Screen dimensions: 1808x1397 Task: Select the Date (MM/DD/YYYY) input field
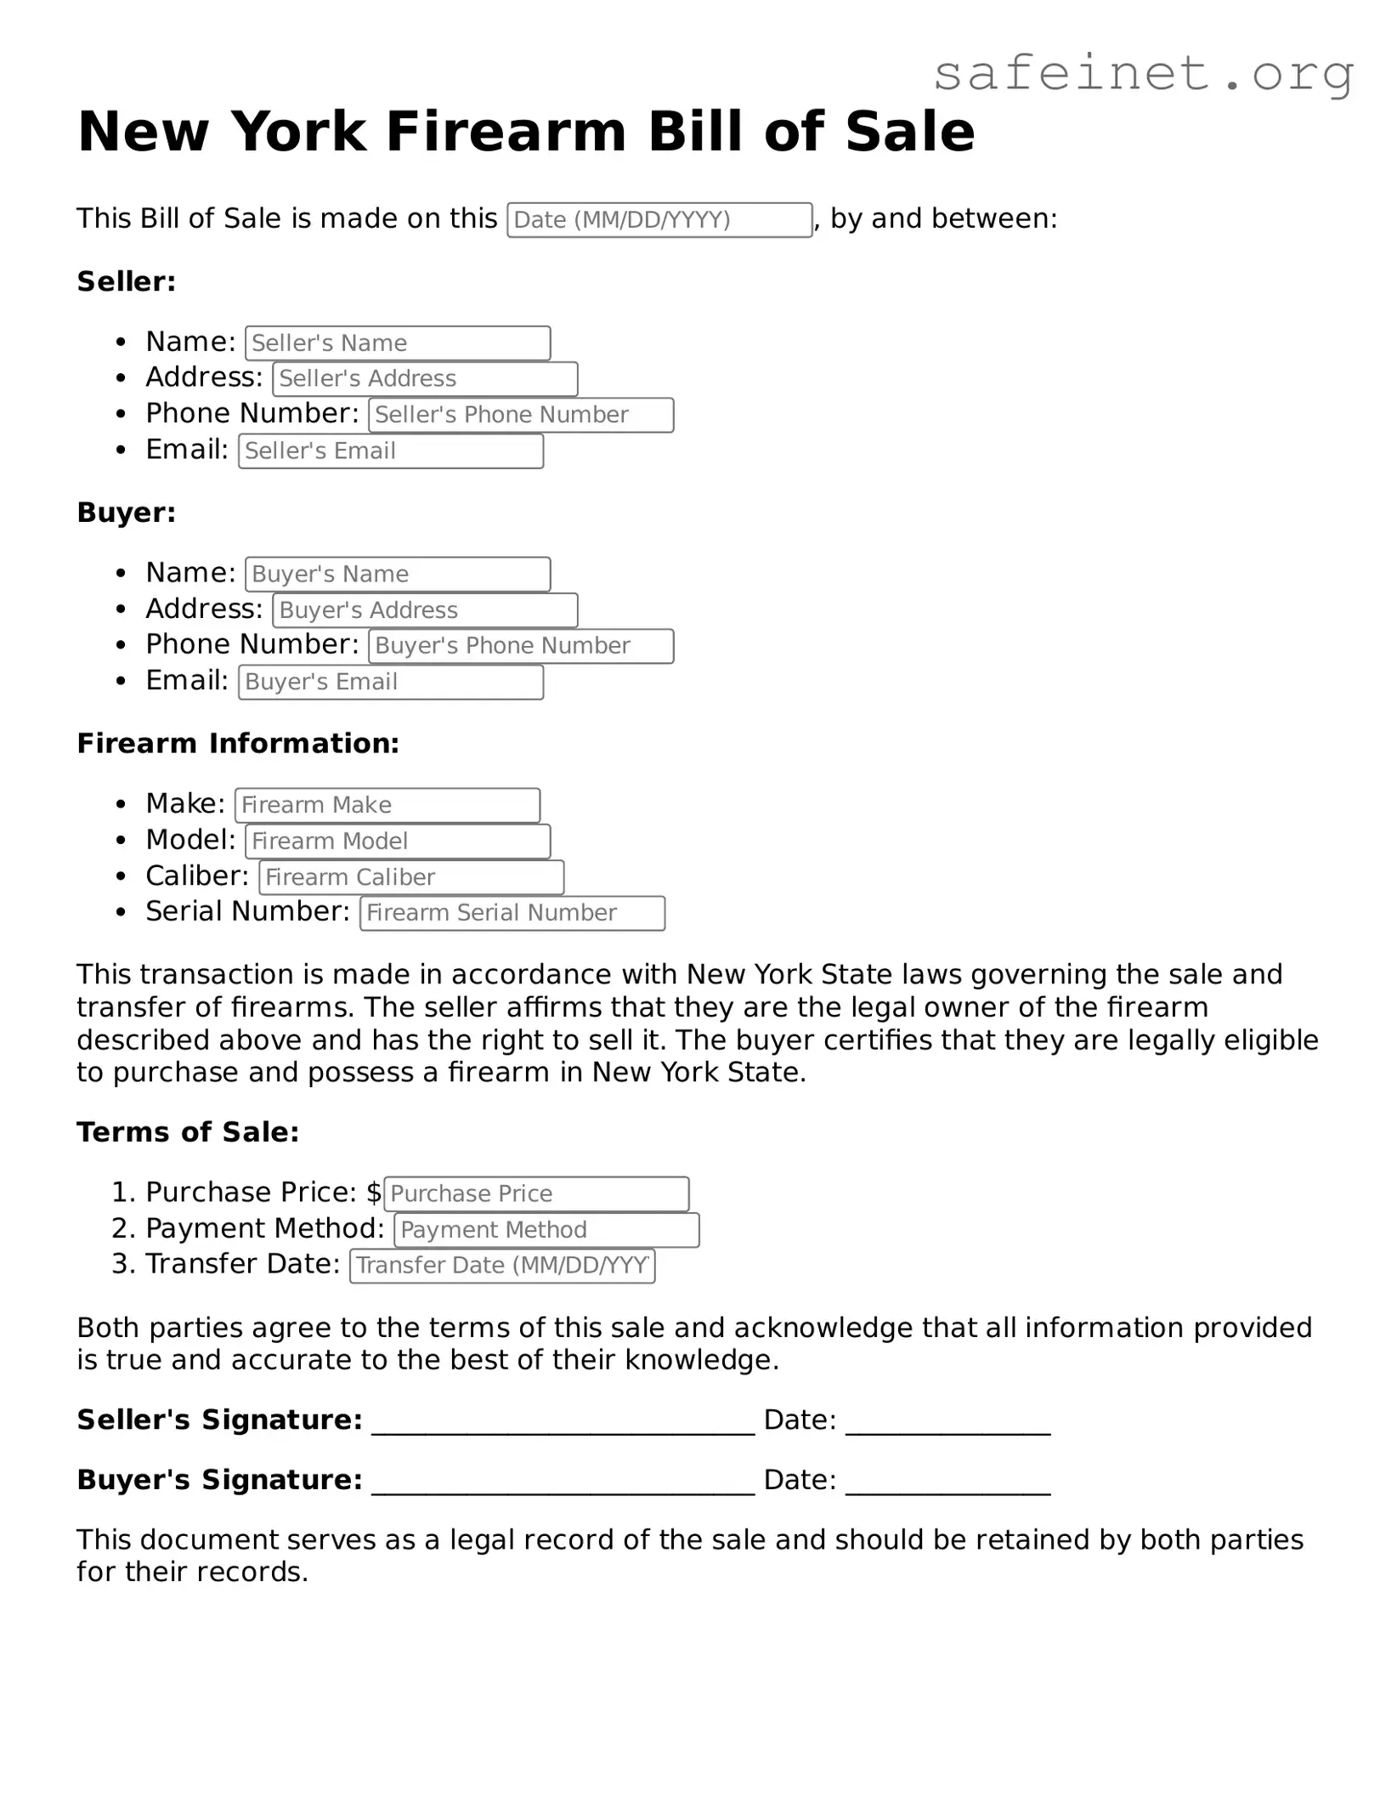point(659,220)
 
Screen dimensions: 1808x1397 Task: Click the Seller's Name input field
point(398,343)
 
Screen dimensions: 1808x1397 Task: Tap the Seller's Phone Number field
point(521,415)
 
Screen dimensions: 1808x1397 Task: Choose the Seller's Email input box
point(391,451)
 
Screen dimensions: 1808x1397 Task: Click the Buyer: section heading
point(127,513)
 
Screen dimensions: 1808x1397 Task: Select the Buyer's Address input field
point(425,610)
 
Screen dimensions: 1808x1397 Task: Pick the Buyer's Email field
point(391,683)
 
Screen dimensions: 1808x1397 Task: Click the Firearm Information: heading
point(238,744)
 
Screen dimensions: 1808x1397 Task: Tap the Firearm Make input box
point(387,805)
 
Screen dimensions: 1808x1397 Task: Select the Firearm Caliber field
point(411,877)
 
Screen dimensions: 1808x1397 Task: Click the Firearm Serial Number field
point(512,913)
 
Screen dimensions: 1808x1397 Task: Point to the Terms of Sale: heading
point(188,1132)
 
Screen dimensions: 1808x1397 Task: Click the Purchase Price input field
point(536,1193)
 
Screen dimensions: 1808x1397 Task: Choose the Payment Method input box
point(546,1230)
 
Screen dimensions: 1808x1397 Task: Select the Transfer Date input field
point(502,1266)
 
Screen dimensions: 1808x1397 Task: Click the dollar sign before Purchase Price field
point(374,1193)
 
